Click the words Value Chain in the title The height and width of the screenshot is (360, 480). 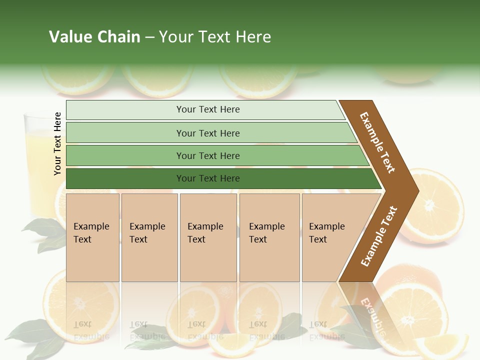(x=94, y=37)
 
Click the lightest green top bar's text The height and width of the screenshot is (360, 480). (x=208, y=109)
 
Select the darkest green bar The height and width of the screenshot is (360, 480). (x=208, y=178)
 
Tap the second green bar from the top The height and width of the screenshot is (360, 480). (x=208, y=133)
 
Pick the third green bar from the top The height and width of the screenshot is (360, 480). (x=208, y=155)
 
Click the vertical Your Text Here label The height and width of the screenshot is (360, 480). (x=58, y=143)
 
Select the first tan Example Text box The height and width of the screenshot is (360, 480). (x=92, y=237)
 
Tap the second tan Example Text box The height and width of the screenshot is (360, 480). (x=149, y=237)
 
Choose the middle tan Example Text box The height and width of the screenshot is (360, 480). (x=207, y=237)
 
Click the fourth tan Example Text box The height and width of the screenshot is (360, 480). (x=269, y=237)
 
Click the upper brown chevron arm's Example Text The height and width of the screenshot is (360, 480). (x=378, y=142)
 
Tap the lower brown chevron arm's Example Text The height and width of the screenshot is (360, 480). (x=379, y=236)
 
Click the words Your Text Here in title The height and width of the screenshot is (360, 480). (x=215, y=37)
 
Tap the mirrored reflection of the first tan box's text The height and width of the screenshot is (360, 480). (x=86, y=330)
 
